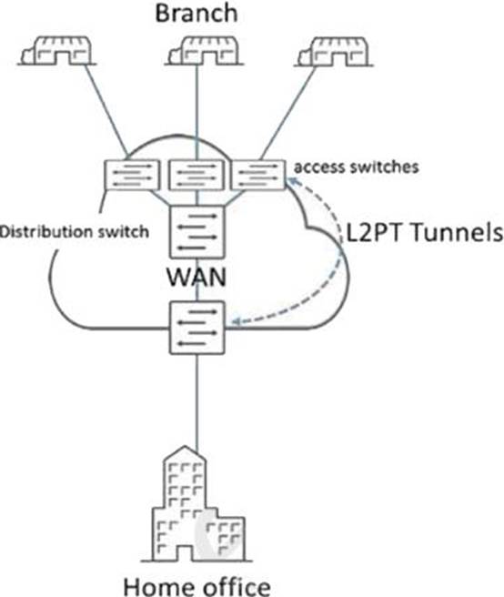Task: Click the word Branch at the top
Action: (x=197, y=13)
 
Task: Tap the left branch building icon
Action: (x=57, y=51)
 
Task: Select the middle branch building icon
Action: (x=204, y=51)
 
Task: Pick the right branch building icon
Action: (x=334, y=51)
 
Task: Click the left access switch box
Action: (x=132, y=175)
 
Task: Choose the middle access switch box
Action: (x=197, y=175)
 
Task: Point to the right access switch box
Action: (x=258, y=175)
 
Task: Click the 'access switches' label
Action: (x=357, y=167)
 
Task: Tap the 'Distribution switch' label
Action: (x=75, y=231)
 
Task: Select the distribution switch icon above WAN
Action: (x=197, y=232)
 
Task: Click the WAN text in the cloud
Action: (x=197, y=278)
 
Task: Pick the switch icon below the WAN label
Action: (x=197, y=328)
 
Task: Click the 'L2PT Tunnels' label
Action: (x=425, y=232)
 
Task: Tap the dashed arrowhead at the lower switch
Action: (x=236, y=322)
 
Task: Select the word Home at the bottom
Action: (x=156, y=587)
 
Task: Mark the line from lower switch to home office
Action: (x=197, y=404)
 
